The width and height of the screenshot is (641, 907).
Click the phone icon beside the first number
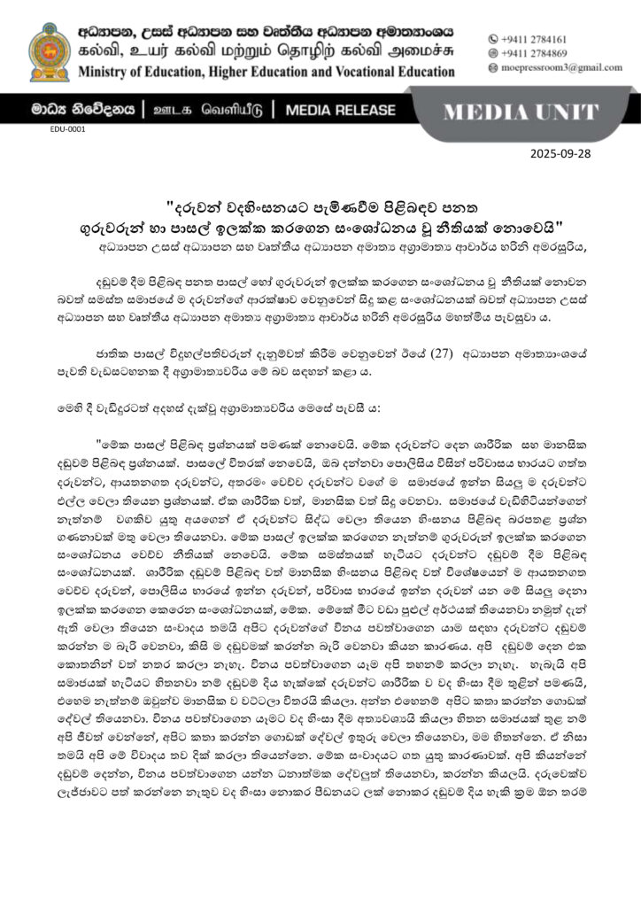click(493, 40)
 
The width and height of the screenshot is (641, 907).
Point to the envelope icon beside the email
click(493, 67)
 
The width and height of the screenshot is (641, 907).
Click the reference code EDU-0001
click(68, 129)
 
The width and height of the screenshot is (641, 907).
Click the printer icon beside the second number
click(493, 53)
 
